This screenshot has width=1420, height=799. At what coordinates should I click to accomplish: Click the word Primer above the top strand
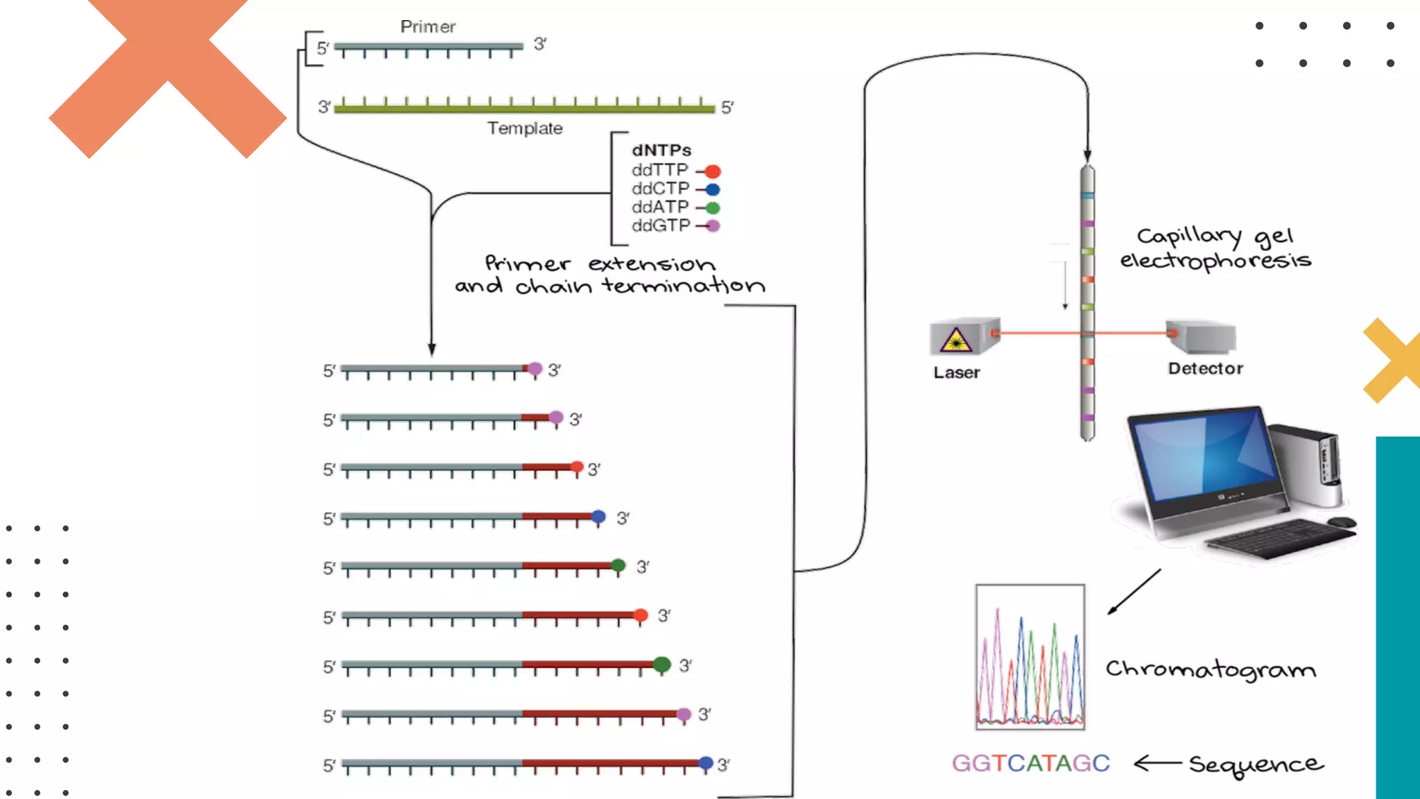pos(428,27)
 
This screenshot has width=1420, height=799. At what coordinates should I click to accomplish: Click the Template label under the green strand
pos(525,128)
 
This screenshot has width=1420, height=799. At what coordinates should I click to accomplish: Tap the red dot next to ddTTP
pos(713,171)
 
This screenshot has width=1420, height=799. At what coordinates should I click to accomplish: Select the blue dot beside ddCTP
pos(713,189)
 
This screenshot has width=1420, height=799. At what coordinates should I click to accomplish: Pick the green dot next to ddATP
pos(713,208)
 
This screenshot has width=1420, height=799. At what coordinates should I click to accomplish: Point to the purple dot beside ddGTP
pos(713,226)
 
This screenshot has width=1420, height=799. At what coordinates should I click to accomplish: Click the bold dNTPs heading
pos(661,151)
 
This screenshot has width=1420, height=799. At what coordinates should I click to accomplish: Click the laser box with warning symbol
pos(960,338)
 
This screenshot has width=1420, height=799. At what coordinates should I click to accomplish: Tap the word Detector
pos(1205,369)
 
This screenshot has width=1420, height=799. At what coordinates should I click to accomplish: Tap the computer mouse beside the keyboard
pos(1342,522)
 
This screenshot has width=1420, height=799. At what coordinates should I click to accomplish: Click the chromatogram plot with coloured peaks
pos(1030,657)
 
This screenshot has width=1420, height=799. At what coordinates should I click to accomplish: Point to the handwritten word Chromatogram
pos(1211,669)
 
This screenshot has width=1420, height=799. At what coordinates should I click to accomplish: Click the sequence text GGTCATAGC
pos(1031,764)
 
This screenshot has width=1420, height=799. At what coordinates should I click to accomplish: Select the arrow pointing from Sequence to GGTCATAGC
pos(1157,764)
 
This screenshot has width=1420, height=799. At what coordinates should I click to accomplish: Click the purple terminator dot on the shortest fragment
pos(535,369)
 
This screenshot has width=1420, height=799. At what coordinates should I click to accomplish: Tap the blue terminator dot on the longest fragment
pos(706,763)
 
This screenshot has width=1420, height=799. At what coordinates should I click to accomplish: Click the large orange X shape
pos(168,78)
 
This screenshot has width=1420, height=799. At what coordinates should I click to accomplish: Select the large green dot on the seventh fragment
pos(661,664)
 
